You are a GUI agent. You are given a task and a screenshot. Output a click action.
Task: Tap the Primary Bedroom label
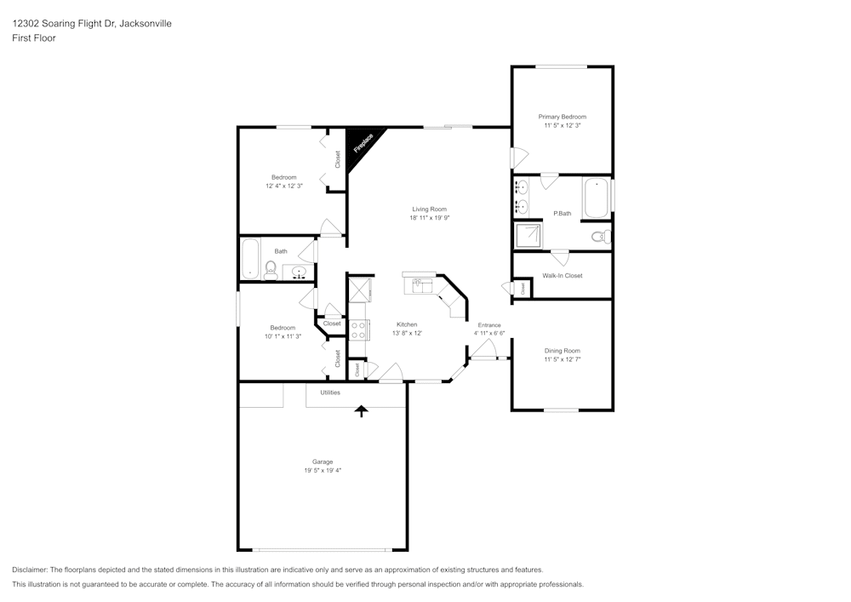tap(562, 117)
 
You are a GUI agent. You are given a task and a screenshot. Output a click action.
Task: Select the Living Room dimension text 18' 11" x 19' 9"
tap(429, 218)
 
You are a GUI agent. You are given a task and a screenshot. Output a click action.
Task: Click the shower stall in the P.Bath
tap(528, 236)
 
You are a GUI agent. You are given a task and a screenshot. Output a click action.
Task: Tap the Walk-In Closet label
tap(563, 276)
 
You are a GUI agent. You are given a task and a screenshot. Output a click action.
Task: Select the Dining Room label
tap(562, 350)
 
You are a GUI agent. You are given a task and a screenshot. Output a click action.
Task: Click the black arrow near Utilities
tap(362, 411)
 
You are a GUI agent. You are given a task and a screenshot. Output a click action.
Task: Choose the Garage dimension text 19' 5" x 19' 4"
tap(322, 470)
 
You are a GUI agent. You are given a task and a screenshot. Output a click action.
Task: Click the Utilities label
tap(330, 393)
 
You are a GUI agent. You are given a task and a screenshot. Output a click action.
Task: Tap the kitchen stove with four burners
tap(359, 330)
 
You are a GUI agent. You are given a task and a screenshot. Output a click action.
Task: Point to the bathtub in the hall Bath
tap(250, 260)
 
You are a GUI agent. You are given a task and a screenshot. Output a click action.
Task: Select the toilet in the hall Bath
tap(271, 271)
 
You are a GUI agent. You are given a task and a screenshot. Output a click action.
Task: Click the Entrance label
tap(488, 325)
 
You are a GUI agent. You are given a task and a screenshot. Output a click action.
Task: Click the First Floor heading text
tap(34, 38)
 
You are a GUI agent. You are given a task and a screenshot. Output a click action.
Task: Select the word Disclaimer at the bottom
tap(29, 570)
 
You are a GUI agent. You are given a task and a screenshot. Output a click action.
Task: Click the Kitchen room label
tap(407, 324)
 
